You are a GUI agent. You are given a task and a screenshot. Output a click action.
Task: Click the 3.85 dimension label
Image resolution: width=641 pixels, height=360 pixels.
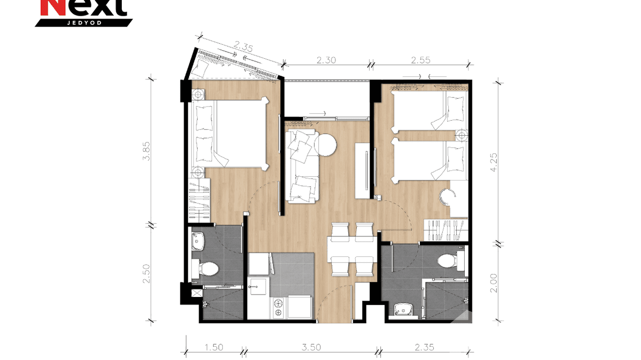pos(147,150)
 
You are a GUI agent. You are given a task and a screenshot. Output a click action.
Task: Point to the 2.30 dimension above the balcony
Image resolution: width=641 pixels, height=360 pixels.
pos(327,60)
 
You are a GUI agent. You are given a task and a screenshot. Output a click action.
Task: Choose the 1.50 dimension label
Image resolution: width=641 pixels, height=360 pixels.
pos(214,348)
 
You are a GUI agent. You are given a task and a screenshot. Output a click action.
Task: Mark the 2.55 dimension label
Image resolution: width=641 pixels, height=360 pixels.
pos(421,60)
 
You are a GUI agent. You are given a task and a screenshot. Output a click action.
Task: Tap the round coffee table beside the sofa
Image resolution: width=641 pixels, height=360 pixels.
pos(325,145)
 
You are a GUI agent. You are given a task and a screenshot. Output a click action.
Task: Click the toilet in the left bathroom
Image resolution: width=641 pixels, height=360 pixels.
pos(206,269)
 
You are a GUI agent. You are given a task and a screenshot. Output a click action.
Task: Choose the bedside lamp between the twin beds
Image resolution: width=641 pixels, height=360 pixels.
pos(461,135)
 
